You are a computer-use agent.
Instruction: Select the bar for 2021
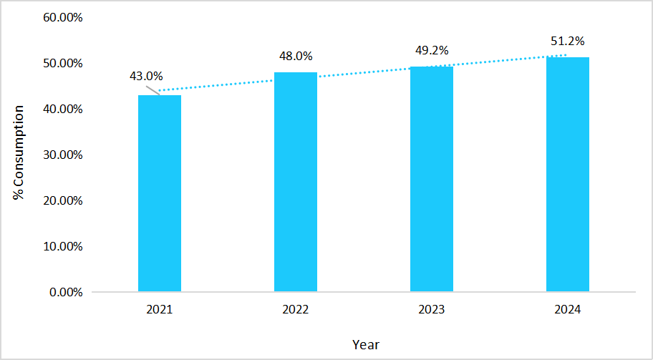(159, 193)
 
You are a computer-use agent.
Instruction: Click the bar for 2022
(295, 182)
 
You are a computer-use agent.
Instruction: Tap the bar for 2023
(431, 179)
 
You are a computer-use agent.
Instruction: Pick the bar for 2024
(567, 175)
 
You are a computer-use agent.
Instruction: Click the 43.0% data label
(146, 76)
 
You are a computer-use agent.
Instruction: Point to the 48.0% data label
(296, 56)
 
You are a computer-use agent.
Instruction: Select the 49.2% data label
(432, 50)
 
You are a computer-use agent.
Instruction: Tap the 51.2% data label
(567, 41)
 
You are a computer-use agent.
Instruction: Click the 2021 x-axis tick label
(159, 310)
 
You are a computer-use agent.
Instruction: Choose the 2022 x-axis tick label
(295, 310)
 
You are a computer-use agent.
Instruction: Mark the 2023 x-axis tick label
(431, 310)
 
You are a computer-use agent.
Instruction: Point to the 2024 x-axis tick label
(567, 310)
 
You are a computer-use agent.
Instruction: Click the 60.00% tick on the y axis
(62, 17)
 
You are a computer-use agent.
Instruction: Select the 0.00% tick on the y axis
(65, 292)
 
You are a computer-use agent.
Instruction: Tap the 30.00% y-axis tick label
(62, 155)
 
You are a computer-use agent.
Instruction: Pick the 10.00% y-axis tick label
(62, 246)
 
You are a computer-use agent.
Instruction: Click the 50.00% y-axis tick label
(62, 63)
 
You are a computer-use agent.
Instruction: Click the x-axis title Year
(365, 344)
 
